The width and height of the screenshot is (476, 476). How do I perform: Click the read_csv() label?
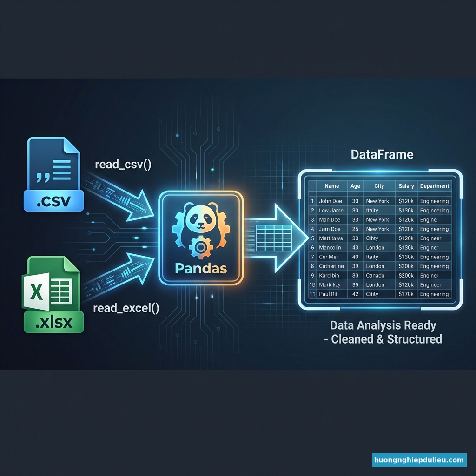123,165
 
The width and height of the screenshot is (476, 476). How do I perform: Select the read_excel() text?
126,307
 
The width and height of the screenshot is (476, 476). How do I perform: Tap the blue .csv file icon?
53,174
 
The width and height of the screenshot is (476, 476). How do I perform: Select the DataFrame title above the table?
383,154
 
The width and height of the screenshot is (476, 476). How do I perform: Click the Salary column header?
406,186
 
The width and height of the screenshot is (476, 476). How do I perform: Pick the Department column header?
435,186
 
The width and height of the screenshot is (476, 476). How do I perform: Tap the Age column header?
355,186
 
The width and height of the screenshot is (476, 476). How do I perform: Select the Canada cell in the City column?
376,276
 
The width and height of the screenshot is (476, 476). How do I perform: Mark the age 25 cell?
355,229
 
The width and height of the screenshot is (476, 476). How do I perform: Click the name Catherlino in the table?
332,266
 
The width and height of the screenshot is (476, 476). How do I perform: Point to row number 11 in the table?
312,294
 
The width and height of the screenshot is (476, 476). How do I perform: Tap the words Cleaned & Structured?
386,339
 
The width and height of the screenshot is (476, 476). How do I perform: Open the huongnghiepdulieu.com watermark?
419,460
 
